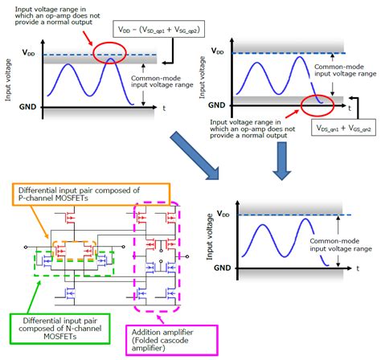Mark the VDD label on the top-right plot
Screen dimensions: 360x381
pyautogui.click(x=217, y=50)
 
